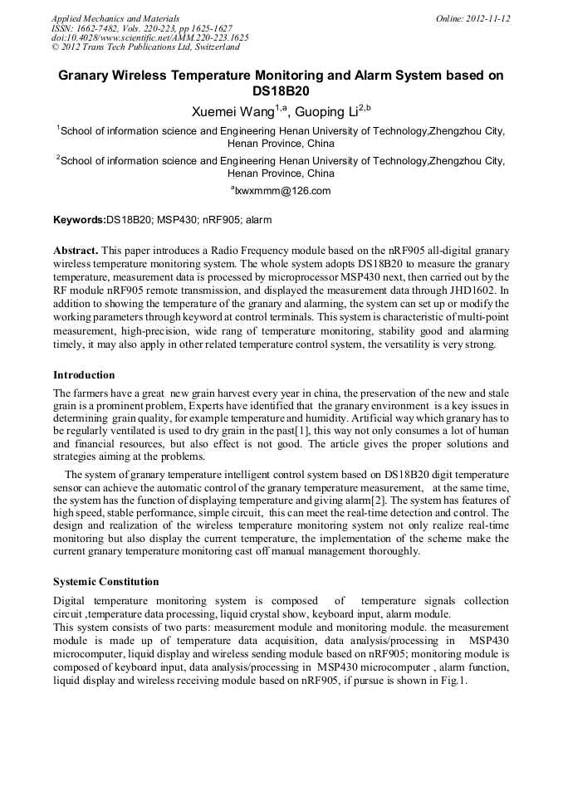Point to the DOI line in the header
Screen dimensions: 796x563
149,37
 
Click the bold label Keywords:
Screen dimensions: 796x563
80,220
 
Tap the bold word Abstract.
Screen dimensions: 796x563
76,250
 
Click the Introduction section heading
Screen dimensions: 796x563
84,375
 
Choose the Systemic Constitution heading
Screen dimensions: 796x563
105,581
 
